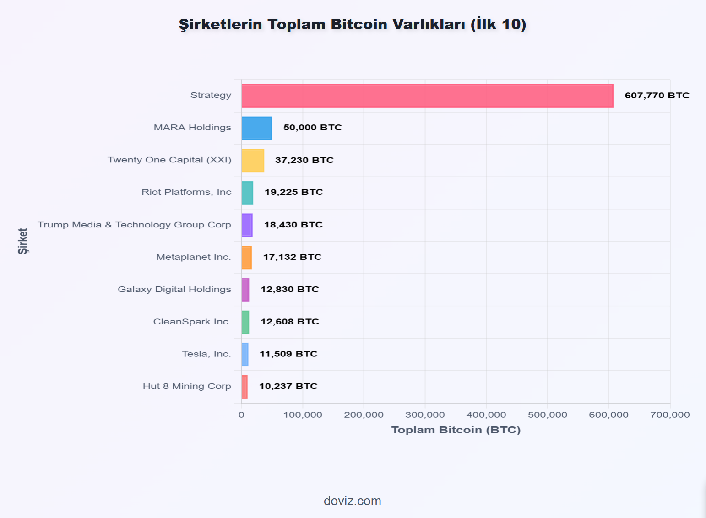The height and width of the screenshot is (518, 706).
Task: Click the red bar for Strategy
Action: coord(427,96)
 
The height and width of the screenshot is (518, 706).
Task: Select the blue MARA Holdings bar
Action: coord(256,128)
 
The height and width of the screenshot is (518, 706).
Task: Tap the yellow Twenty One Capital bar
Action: coord(253,160)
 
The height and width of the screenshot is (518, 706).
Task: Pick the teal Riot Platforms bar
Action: coord(247,193)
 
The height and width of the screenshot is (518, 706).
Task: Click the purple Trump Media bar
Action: coord(247,225)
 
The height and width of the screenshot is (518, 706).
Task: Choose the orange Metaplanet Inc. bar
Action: coord(246,257)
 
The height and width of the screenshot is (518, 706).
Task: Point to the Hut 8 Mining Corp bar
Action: coord(244,387)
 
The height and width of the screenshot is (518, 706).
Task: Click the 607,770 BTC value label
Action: coord(657,96)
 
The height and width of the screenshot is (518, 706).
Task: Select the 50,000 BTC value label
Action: coord(313,128)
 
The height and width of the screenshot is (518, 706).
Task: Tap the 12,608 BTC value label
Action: coord(290,322)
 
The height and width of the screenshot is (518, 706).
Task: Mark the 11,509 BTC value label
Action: coord(288,354)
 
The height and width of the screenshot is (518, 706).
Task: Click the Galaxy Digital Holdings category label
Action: coord(174,289)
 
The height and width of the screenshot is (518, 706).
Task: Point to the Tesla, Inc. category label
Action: coord(206,354)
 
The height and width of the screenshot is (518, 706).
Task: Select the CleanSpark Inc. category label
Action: coord(192,322)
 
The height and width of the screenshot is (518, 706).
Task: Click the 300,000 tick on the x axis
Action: coord(425,415)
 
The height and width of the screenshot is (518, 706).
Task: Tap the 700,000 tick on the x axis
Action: coord(670,415)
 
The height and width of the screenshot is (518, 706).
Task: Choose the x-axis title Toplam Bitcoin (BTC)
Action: coord(456,430)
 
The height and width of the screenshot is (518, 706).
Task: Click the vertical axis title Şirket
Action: coord(23,241)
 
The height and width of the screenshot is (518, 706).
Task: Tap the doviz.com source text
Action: coord(353,501)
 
